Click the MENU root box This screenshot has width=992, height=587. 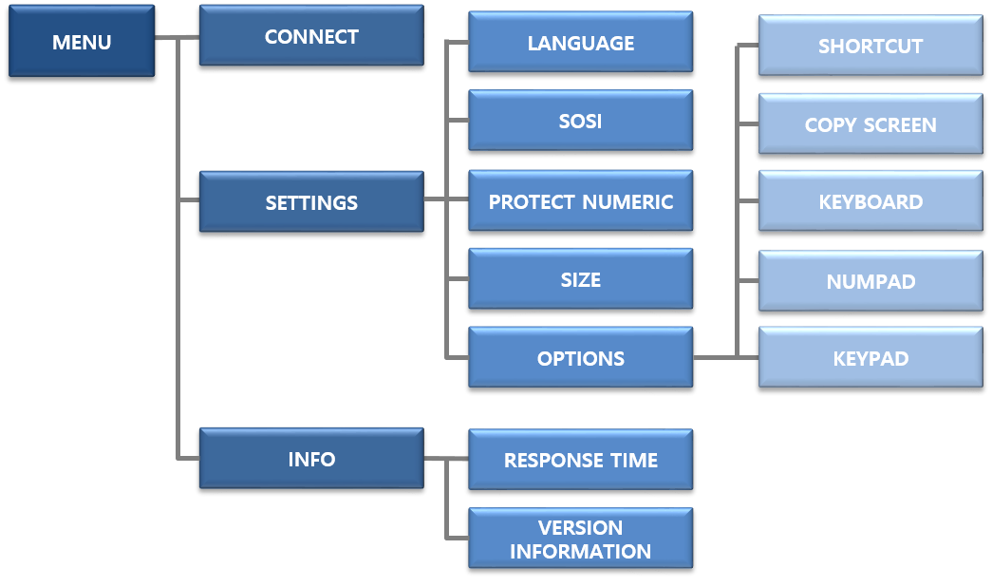pos(82,42)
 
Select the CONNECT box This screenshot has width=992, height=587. pos(311,36)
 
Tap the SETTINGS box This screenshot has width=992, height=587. pos(311,201)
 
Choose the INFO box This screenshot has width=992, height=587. pos(311,459)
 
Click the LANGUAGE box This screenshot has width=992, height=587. pos(580,43)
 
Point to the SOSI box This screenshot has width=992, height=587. pos(580,121)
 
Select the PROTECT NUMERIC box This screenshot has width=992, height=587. pos(580,201)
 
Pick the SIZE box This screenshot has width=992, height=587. pos(580,280)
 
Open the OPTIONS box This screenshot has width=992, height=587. pos(580,358)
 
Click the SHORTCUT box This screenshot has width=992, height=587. pos(870,46)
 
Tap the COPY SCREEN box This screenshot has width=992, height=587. pos(870,124)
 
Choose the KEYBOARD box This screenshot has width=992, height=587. pos(870,201)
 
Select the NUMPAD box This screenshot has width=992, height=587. pos(870,281)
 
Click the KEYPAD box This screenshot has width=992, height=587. pos(870,358)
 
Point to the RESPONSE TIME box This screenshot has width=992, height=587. pos(580,460)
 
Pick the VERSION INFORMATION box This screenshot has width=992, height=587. pos(580,539)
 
